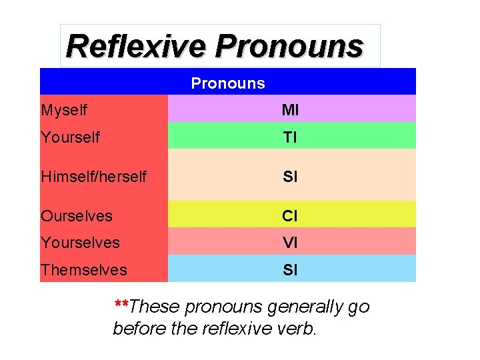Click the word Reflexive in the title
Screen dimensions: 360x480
(137, 47)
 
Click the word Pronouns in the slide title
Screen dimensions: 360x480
(289, 47)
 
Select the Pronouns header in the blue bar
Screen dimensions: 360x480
(228, 83)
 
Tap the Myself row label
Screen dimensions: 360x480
(64, 109)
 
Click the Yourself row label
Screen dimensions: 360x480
(70, 137)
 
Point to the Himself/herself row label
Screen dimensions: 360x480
(93, 177)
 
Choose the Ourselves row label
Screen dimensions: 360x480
(76, 216)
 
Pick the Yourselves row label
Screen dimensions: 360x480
(80, 243)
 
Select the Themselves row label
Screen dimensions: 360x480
(83, 270)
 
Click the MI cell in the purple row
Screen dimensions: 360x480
(290, 109)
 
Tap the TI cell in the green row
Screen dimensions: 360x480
(290, 137)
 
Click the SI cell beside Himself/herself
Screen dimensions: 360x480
(290, 177)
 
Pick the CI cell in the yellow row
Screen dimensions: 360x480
(290, 216)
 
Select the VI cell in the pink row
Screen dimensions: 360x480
(290, 243)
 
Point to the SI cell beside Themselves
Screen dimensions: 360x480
(290, 270)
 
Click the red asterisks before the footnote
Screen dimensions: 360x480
(121, 304)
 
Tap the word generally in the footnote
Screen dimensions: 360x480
(305, 307)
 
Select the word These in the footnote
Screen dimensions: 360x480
(154, 307)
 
